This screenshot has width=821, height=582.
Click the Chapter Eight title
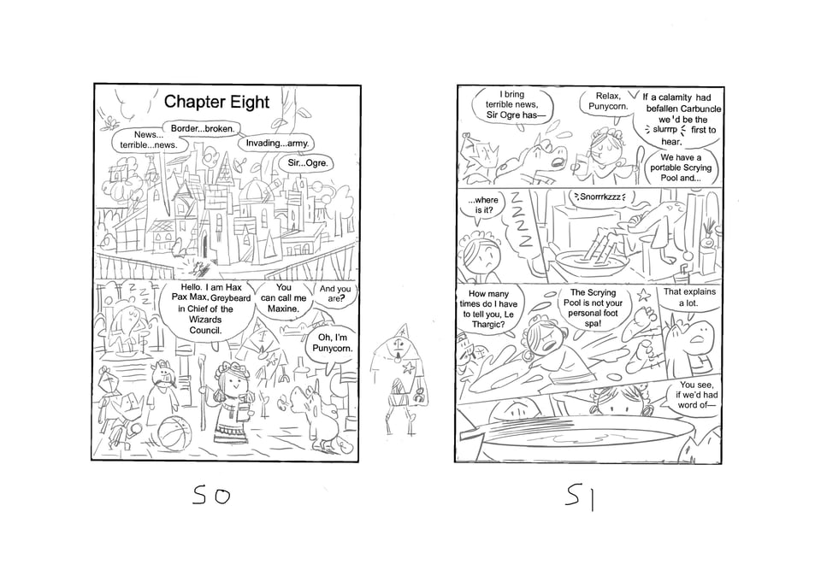[216, 102]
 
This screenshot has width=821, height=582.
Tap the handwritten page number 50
[211, 495]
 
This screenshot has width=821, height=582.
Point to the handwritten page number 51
[580, 497]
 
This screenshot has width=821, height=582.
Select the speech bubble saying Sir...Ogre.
[307, 163]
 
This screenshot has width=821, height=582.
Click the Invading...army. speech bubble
[277, 143]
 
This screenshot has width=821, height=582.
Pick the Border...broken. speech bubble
[202, 129]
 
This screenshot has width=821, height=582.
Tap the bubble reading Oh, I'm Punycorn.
[333, 344]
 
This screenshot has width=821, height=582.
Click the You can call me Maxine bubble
[283, 299]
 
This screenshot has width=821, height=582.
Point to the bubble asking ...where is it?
[482, 205]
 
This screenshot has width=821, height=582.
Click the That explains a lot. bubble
[689, 298]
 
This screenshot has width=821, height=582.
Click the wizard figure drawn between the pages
[400, 378]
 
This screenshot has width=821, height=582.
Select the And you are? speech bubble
[334, 294]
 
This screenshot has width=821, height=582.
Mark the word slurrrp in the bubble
[664, 130]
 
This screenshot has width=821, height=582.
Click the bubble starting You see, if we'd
[694, 395]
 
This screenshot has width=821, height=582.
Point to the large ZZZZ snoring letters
[522, 220]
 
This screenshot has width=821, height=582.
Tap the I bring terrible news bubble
[511, 104]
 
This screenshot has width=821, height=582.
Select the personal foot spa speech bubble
[593, 309]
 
